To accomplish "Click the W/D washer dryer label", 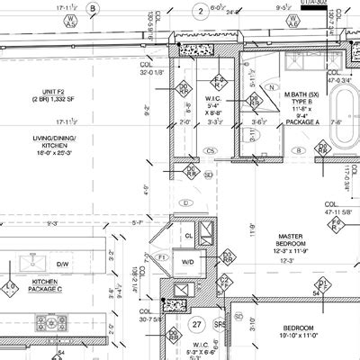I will pos(188,263).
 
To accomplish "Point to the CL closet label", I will pos(188,236).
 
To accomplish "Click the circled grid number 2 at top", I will pos(199,11).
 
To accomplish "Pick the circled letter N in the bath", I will pos(271,88).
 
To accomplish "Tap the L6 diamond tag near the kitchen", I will pos(11,288).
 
